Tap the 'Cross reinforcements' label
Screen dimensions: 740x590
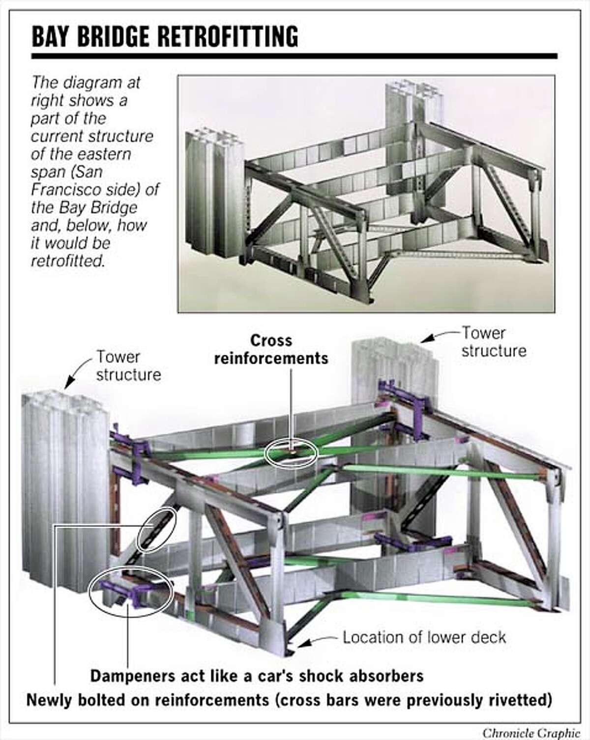pos(271,349)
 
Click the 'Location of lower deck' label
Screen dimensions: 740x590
pos(424,637)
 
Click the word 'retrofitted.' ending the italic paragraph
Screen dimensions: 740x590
pos(68,260)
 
